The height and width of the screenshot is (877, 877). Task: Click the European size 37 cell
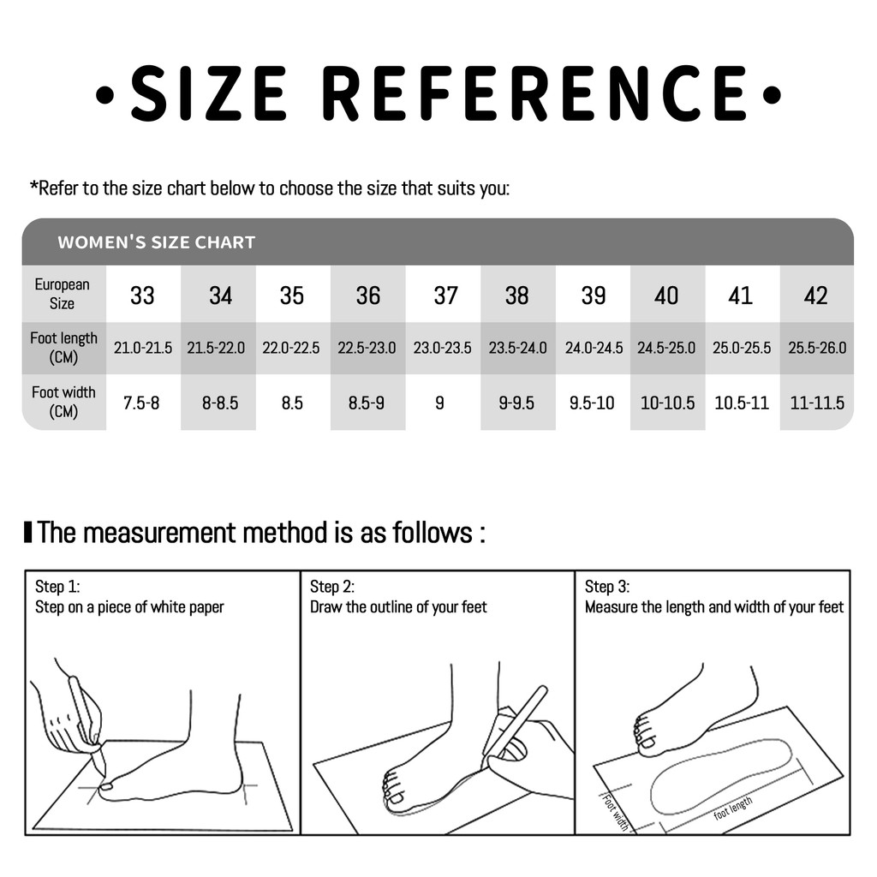click(445, 295)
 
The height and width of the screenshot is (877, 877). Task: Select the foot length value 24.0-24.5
click(594, 348)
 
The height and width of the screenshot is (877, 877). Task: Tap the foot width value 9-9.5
click(516, 403)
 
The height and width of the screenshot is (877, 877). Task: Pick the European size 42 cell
click(815, 295)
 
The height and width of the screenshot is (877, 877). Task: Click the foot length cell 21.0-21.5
click(143, 348)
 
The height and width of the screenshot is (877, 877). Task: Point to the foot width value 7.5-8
click(141, 403)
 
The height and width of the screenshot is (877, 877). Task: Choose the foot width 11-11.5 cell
click(816, 403)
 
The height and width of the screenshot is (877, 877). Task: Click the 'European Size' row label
click(62, 294)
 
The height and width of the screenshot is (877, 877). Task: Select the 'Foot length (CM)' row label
click(63, 348)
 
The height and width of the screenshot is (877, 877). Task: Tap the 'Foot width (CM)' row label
click(63, 402)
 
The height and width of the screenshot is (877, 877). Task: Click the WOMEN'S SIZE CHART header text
click(157, 242)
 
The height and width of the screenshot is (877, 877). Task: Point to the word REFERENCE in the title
click(534, 93)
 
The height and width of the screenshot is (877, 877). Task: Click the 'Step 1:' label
click(57, 586)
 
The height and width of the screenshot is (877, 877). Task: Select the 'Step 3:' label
click(607, 586)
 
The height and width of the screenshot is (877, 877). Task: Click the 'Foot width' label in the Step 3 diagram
click(615, 812)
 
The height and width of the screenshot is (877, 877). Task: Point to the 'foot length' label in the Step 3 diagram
click(733, 808)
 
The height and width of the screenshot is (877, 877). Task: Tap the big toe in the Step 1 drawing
click(106, 786)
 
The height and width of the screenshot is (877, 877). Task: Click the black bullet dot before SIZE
click(104, 94)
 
